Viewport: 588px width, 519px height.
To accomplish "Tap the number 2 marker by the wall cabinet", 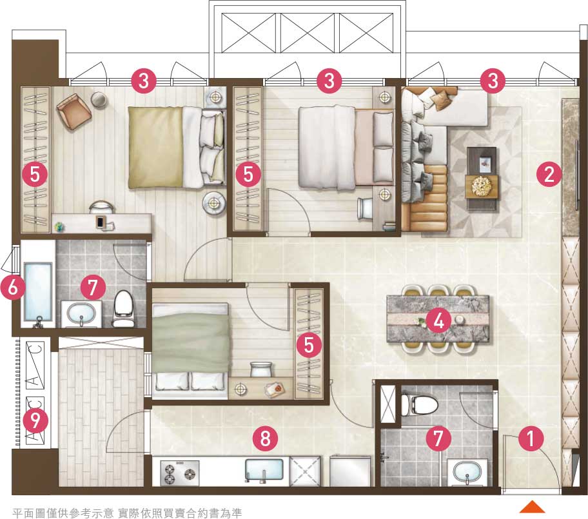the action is (549, 174).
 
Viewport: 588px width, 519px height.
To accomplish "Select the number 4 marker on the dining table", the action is (439, 321).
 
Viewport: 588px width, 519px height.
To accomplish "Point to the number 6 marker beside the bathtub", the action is (12, 288).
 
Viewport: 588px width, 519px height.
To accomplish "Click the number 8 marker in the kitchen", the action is (265, 438).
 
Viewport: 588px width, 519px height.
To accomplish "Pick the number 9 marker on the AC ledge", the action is (35, 421).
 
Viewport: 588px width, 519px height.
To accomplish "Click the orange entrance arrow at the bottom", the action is (532, 507).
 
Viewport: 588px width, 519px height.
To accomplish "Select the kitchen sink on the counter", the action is (264, 470).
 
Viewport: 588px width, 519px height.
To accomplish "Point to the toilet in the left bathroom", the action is (123, 309).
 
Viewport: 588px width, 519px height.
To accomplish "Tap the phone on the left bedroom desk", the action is (100, 222).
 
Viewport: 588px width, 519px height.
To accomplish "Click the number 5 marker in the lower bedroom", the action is (309, 344).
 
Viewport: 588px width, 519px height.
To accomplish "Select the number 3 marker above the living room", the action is (493, 80).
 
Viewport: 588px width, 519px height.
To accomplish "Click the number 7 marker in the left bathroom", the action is (93, 288).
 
